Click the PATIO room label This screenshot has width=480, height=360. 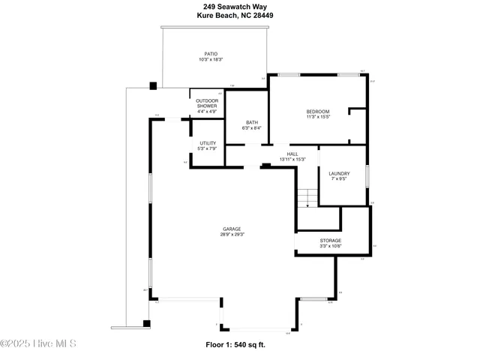click(211, 54)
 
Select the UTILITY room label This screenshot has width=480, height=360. click(207, 142)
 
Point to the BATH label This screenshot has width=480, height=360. click(252, 123)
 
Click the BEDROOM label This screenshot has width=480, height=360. click(318, 111)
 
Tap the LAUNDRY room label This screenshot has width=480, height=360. click(339, 173)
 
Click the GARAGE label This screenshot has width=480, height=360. click(232, 229)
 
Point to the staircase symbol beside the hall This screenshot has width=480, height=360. click(304, 199)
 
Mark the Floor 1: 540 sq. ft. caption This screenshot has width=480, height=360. click(235, 345)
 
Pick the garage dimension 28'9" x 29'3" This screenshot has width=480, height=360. click(232, 235)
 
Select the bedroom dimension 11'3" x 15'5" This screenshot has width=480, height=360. click(318, 117)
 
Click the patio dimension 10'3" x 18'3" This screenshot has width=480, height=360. click(211, 60)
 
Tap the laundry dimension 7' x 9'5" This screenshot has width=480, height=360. click(339, 179)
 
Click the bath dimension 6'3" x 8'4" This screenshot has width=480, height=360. click(252, 129)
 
